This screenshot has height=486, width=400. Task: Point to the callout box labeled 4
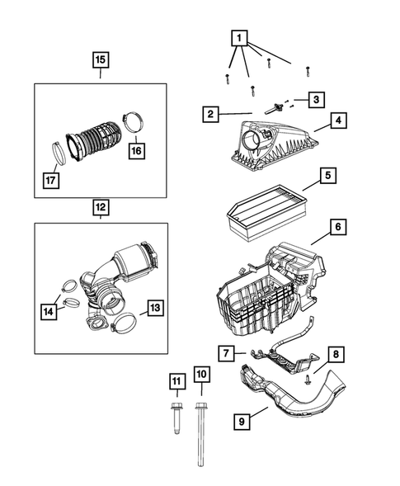coord(339,120)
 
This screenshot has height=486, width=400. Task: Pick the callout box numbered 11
coord(176,380)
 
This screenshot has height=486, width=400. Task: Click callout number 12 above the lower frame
coord(99,207)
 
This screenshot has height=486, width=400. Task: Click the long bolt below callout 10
coord(201,429)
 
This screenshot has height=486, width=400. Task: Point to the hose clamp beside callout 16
coord(134,123)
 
